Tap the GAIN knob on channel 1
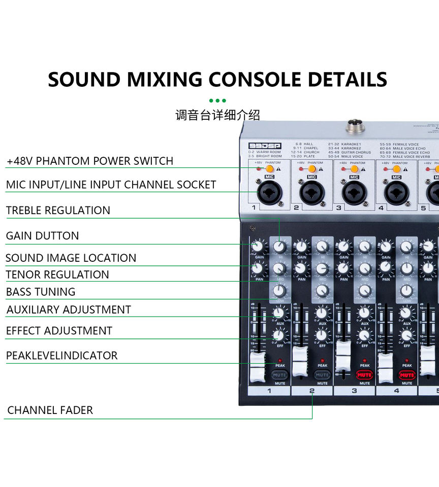click(x=259, y=247)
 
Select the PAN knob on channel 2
click(x=301, y=268)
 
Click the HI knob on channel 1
click(x=279, y=247)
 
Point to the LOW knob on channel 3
click(x=364, y=291)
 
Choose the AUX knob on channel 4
click(x=406, y=312)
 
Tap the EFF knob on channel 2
click(x=322, y=335)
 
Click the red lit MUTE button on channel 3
click(x=364, y=375)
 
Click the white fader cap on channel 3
click(x=343, y=355)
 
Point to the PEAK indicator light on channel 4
click(x=407, y=360)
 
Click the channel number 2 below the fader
click(x=312, y=391)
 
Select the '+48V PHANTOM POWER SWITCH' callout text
click(x=90, y=161)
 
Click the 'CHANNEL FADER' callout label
click(x=50, y=410)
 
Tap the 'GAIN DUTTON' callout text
click(x=42, y=236)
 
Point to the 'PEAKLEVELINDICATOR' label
click(x=61, y=356)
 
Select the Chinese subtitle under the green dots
click(x=217, y=115)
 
